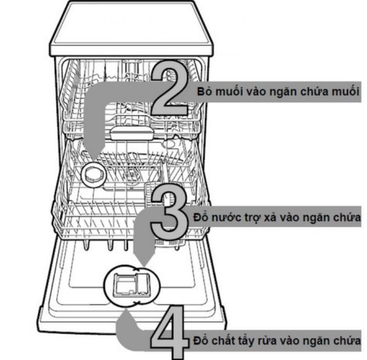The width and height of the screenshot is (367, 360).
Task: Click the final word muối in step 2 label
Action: pos(343,90)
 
